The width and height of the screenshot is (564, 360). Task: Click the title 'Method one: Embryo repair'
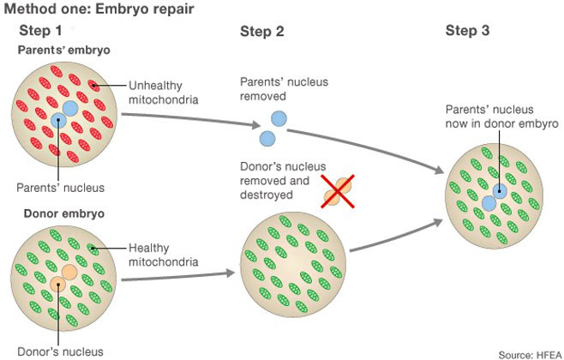(x=99, y=9)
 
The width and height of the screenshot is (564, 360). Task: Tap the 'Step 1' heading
(x=40, y=31)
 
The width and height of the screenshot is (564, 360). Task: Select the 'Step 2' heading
(x=262, y=32)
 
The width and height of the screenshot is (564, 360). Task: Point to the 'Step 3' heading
(x=468, y=30)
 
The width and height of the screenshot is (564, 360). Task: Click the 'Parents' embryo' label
(x=64, y=50)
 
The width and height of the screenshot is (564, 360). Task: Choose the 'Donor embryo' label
(x=64, y=213)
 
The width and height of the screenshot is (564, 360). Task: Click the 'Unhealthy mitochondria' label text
(x=164, y=93)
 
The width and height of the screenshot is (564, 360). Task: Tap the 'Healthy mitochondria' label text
(x=164, y=255)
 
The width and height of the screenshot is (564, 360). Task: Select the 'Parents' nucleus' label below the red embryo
(x=60, y=188)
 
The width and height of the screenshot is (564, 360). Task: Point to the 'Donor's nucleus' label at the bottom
(x=60, y=351)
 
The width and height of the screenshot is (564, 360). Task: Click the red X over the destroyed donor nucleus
(x=338, y=191)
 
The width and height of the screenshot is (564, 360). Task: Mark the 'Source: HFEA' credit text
(x=531, y=355)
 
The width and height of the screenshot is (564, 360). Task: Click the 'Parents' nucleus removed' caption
(x=285, y=89)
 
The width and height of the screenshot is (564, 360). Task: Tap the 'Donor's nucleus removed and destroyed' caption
(x=283, y=181)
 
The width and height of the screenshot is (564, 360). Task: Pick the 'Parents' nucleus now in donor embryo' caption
(x=502, y=117)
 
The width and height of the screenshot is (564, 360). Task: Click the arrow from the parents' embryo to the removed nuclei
(x=190, y=118)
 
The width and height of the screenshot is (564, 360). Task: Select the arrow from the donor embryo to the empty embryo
(x=178, y=277)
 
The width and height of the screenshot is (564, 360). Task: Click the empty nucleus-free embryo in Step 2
(x=293, y=265)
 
